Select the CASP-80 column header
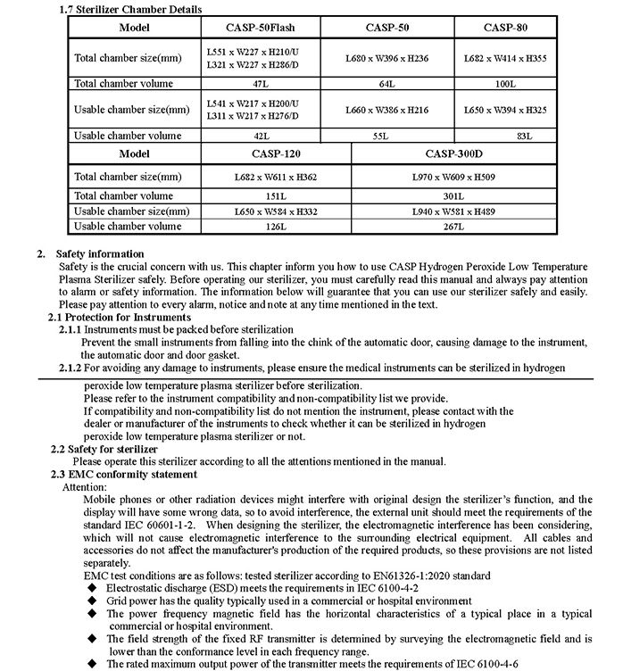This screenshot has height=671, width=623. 505,27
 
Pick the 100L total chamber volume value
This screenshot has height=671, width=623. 505,82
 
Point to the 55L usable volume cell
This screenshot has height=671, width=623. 387,136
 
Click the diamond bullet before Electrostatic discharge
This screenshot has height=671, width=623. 91,590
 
